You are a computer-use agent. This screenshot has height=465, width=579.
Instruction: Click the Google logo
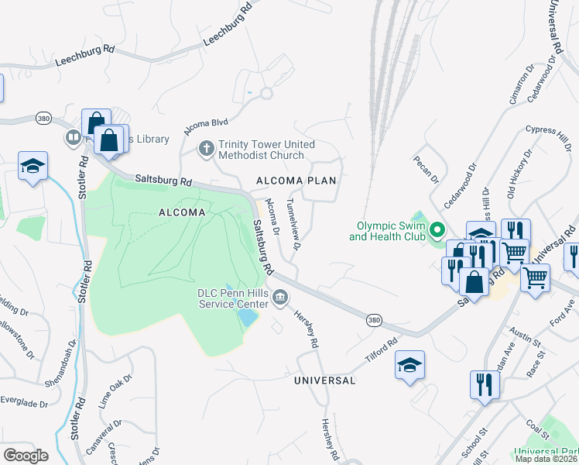[x=26, y=456]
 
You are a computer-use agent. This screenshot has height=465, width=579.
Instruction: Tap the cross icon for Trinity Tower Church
[x=207, y=148]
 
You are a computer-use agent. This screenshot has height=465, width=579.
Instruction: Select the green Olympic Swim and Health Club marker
[x=437, y=231]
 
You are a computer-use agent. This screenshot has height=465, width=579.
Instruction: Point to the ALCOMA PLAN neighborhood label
[x=296, y=181]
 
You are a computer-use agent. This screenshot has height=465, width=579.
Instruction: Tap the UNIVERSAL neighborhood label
[x=324, y=381]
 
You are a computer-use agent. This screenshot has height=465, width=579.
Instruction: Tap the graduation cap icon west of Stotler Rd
[x=33, y=166]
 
